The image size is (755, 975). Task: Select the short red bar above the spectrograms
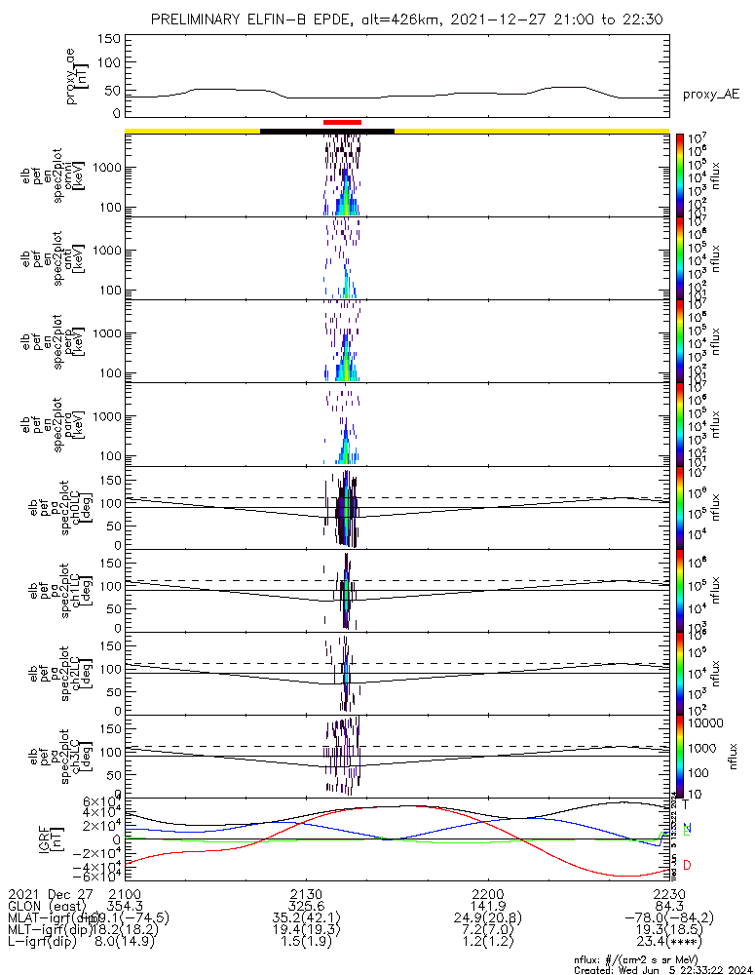pyautogui.click(x=342, y=122)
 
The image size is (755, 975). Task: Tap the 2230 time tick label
pyautogui.click(x=669, y=894)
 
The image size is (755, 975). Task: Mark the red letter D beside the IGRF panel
pyautogui.click(x=687, y=866)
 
